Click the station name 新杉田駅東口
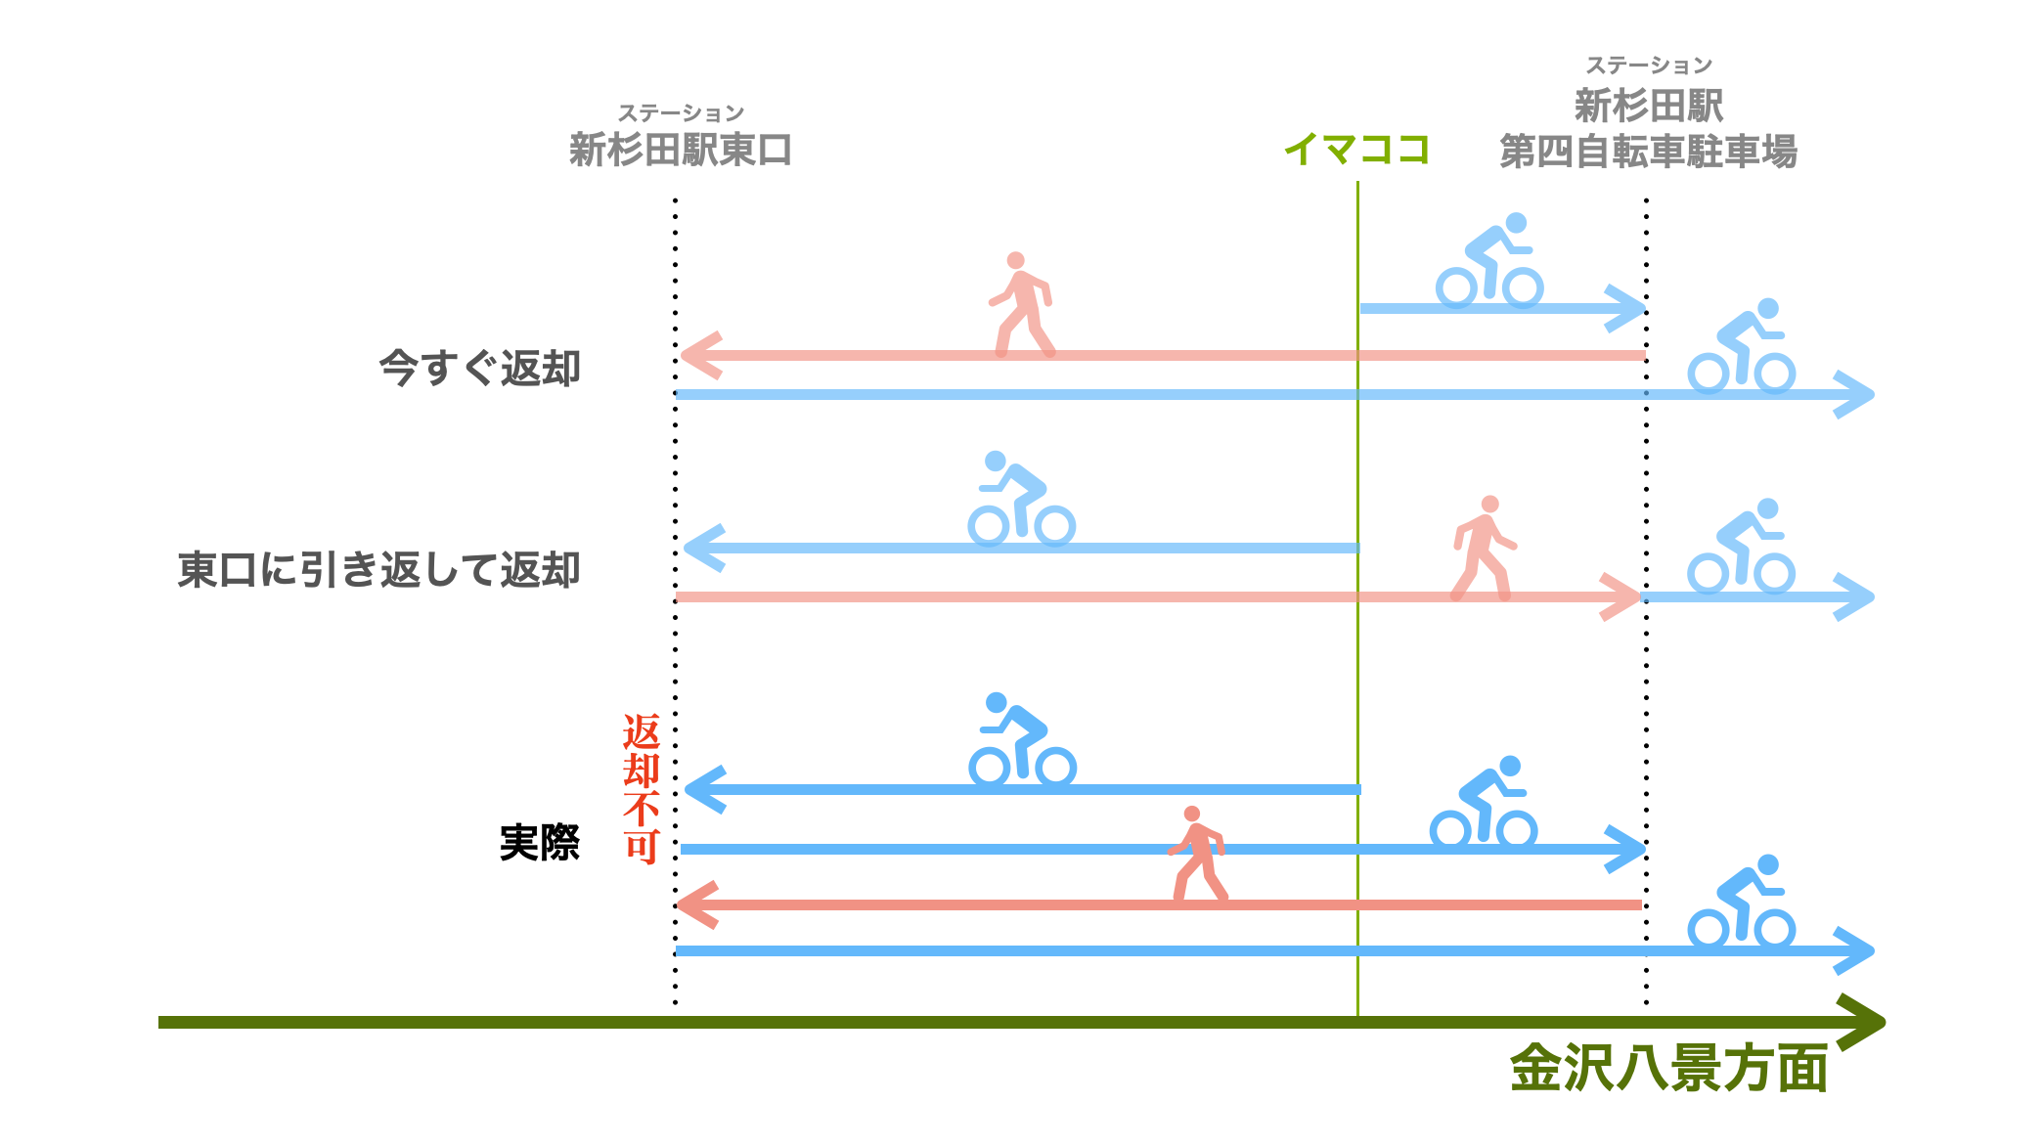tap(680, 151)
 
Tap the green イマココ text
tap(1356, 150)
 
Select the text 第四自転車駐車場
tap(1648, 152)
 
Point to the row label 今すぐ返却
tap(479, 369)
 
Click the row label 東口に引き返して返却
tap(378, 569)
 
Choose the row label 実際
tap(539, 842)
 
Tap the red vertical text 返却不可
tap(642, 788)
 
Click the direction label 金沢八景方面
tap(1668, 1068)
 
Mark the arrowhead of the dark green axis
tap(1862, 1022)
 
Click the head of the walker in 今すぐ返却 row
tap(1016, 261)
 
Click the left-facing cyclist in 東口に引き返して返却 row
tap(1021, 499)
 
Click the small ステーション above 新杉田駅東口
tap(680, 113)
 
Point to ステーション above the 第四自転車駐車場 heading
tap(1648, 66)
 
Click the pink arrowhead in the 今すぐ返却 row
tap(700, 355)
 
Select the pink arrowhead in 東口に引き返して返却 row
tap(1621, 596)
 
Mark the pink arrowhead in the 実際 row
tap(697, 905)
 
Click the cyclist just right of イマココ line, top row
tap(1489, 260)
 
